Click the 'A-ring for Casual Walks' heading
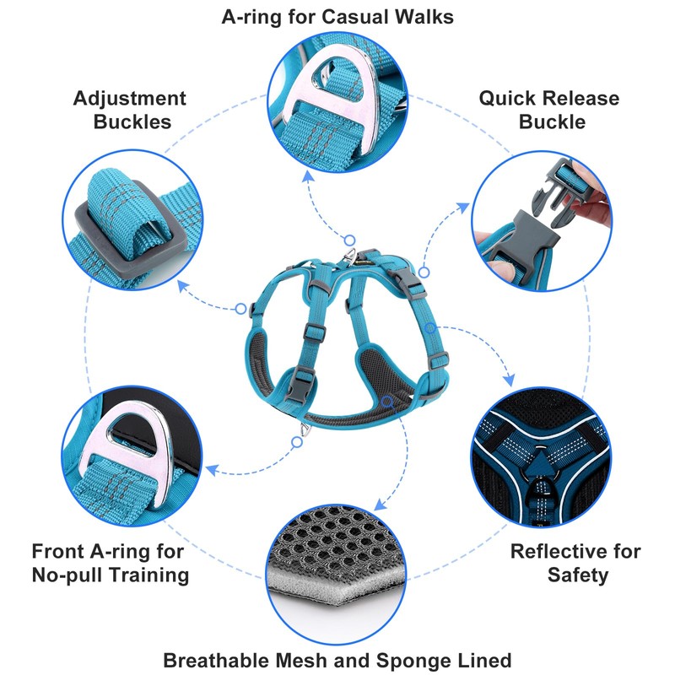click(337, 16)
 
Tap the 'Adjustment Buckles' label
click(130, 110)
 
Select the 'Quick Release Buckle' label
click(549, 110)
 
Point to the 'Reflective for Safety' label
click(575, 564)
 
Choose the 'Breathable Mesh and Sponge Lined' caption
click(337, 659)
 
